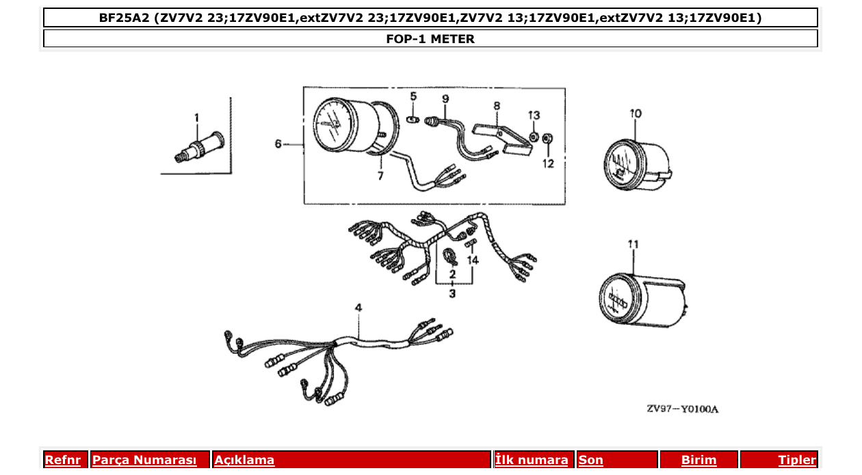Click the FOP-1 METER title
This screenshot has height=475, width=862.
[x=430, y=39]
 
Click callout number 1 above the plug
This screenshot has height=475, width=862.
[x=196, y=118]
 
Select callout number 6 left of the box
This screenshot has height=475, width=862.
[x=278, y=144]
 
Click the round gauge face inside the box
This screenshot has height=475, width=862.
[x=335, y=125]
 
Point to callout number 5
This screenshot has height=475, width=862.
[x=413, y=96]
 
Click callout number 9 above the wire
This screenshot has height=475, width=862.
[x=445, y=99]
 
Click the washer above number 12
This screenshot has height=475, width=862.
[x=548, y=140]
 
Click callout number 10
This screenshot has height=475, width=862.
[x=636, y=114]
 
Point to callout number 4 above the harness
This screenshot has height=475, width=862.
[x=358, y=309]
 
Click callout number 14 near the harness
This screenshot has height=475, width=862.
[x=473, y=261]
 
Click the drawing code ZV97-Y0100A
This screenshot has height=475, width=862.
[x=682, y=409]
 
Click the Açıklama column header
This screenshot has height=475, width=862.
[x=244, y=461]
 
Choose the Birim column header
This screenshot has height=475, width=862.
[x=698, y=461]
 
